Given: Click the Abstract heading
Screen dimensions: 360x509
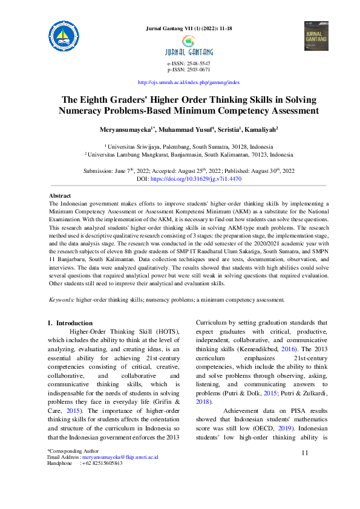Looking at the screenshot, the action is click(60, 196).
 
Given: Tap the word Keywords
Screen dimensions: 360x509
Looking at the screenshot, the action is click(61, 299).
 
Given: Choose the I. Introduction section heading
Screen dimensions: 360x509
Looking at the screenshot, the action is click(70, 323).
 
